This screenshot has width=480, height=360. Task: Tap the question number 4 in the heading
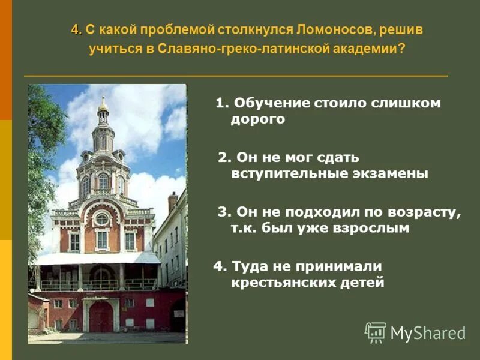click(x=75, y=29)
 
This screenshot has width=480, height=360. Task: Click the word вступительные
click(x=278, y=173)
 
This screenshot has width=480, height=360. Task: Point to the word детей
click(x=363, y=282)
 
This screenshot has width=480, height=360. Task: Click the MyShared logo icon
click(x=376, y=332)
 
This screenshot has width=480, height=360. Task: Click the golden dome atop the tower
click(x=103, y=106)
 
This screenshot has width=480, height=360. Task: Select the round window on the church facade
click(x=102, y=219)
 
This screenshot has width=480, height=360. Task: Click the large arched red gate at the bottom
click(x=101, y=316)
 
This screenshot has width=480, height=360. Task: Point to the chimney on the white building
click(x=172, y=202)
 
